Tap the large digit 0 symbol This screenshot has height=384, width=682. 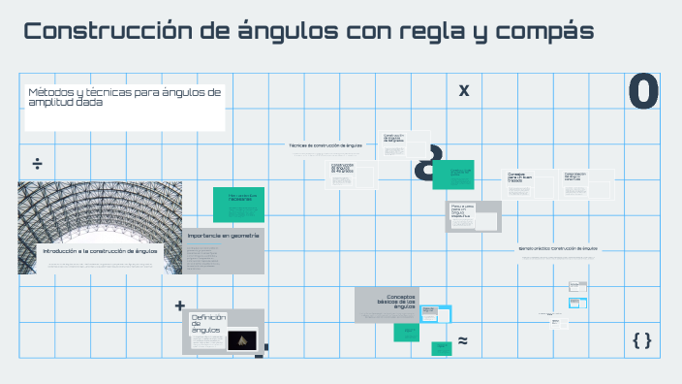click(643, 91)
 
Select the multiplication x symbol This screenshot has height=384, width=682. click(464, 90)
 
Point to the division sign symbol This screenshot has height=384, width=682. click(38, 162)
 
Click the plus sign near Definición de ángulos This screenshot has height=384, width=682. click(179, 305)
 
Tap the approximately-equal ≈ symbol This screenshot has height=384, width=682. click(463, 341)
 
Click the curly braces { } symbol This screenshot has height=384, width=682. click(641, 339)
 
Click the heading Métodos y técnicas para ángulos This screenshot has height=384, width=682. click(124, 97)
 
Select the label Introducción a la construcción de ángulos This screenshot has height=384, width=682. click(99, 250)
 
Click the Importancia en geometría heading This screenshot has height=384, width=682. click(224, 236)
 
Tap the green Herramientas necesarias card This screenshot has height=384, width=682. click(238, 200)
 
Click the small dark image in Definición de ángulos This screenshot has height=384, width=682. click(241, 339)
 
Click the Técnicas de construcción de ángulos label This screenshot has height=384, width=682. click(325, 145)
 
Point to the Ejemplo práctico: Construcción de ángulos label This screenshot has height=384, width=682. click(558, 248)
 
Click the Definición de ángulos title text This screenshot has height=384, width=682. click(208, 323)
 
